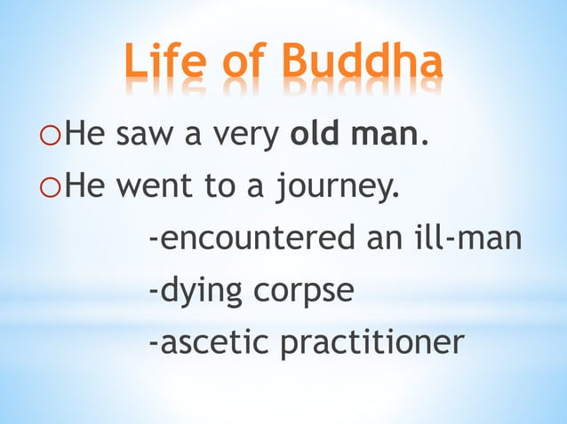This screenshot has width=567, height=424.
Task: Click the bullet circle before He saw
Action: tap(52, 140)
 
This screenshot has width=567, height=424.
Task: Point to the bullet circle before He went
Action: tap(52, 190)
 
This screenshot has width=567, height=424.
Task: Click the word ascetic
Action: tap(210, 341)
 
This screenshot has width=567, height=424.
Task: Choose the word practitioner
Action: tap(371, 341)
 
